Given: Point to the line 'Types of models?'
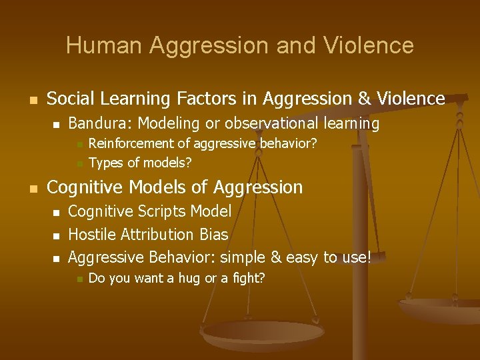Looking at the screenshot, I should click(x=140, y=162).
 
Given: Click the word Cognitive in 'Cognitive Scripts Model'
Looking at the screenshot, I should click(x=100, y=212).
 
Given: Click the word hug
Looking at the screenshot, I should click(x=189, y=278).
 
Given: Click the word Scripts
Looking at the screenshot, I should click(x=163, y=212).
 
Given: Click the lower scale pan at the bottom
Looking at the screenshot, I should click(x=262, y=333).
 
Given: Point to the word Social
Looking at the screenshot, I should click(x=71, y=99).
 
